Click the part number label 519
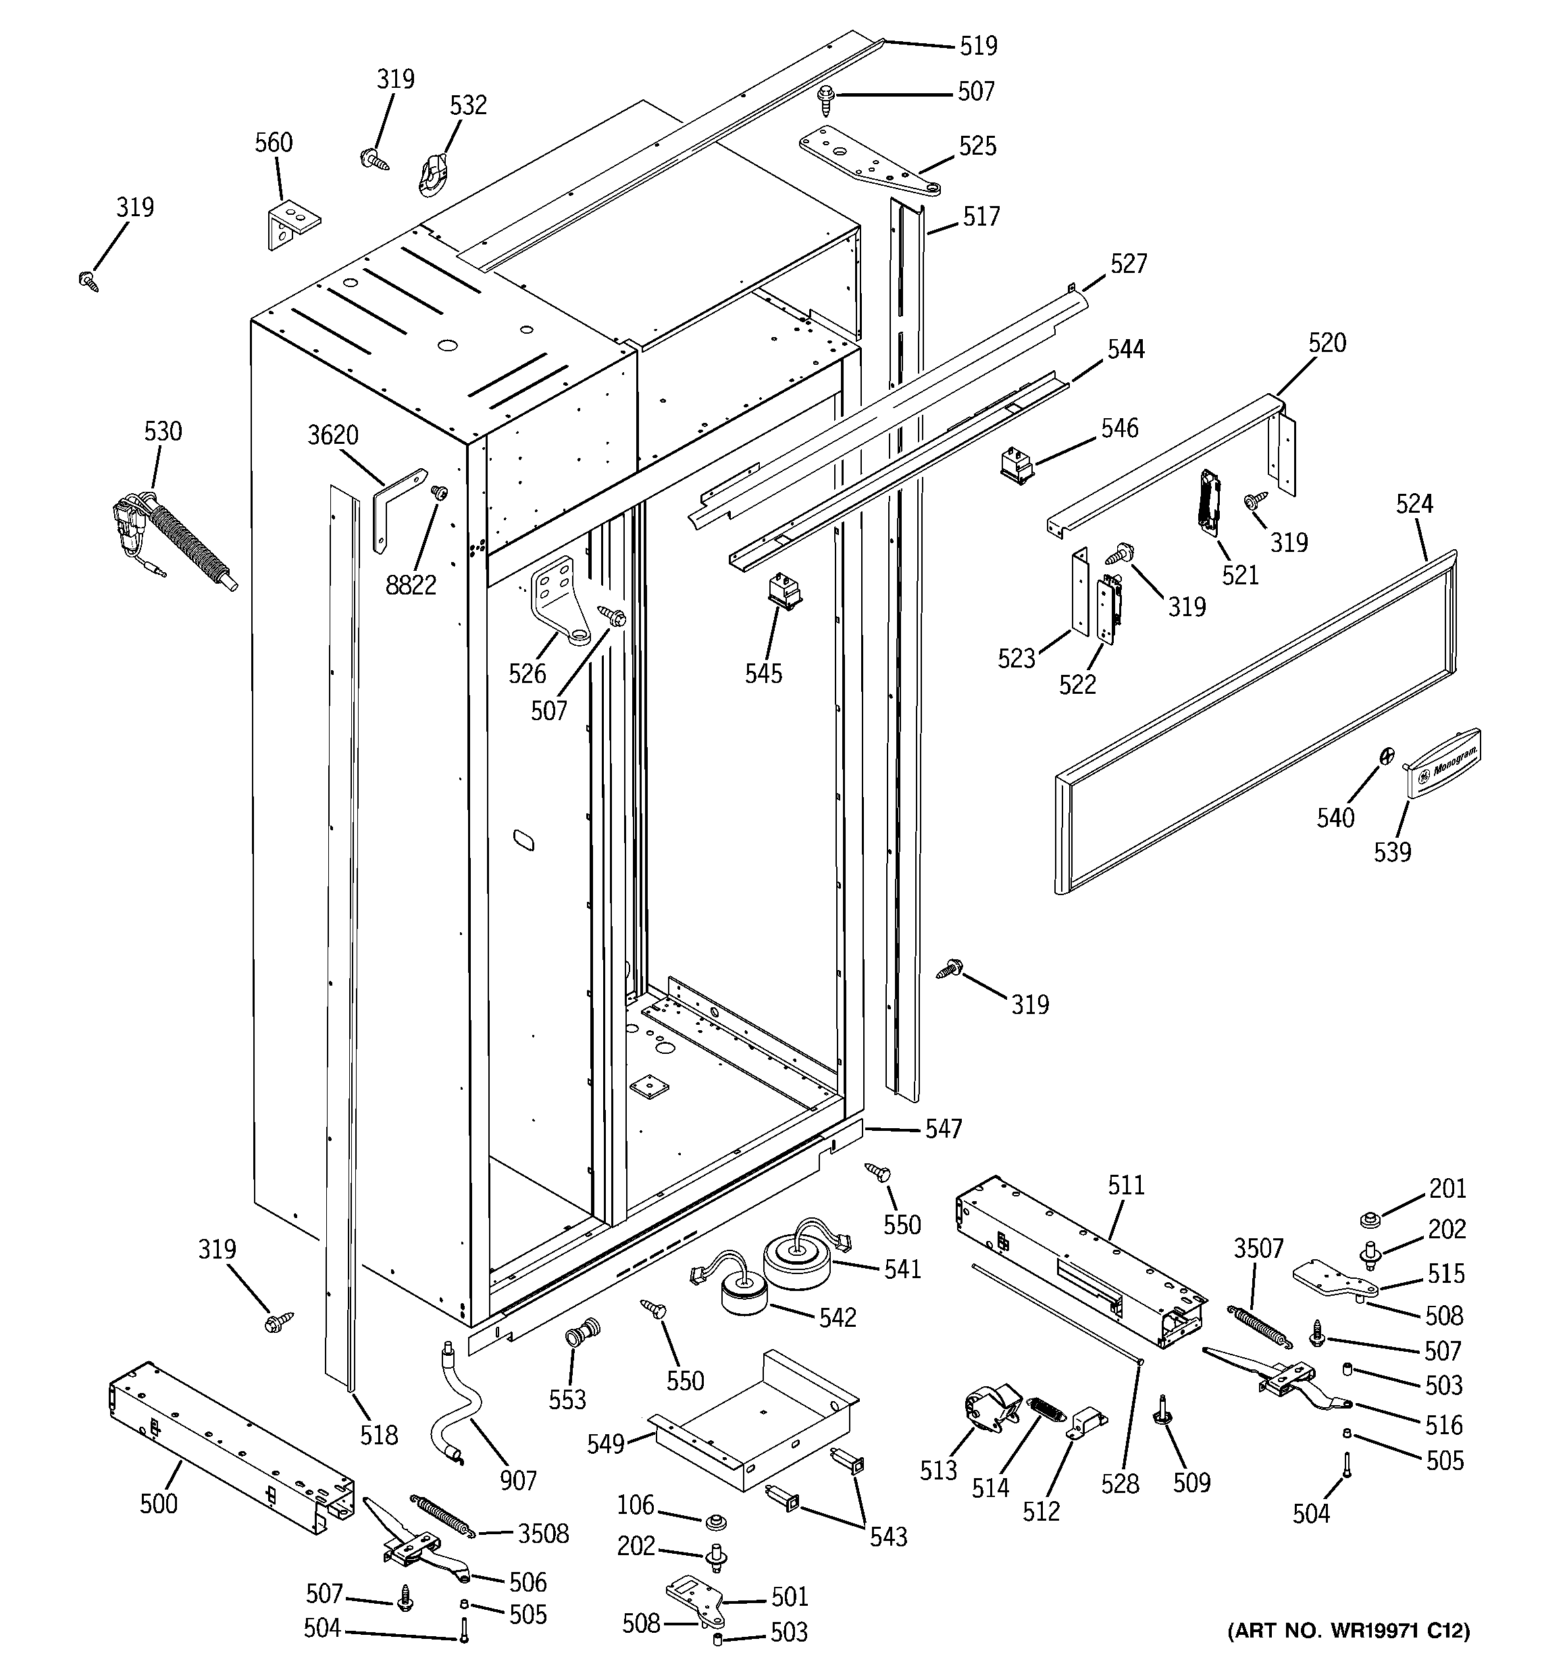point(978,45)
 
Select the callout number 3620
point(333,436)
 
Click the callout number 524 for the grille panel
point(1414,504)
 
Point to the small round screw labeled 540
point(1384,755)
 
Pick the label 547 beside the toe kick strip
point(943,1129)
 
